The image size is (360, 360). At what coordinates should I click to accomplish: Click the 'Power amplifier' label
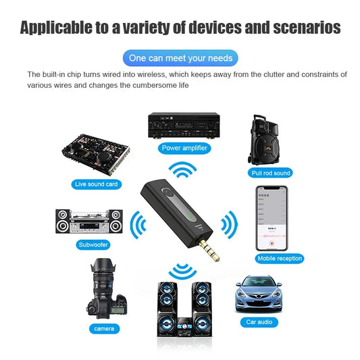coord(185,147)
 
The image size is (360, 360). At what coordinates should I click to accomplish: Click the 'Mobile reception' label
coord(280,259)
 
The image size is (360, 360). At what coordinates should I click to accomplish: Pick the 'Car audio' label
coord(259,322)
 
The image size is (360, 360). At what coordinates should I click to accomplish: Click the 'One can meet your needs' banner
coord(180,57)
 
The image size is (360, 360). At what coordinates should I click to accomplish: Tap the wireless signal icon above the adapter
coord(183,170)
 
